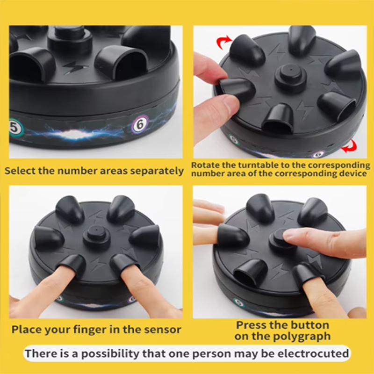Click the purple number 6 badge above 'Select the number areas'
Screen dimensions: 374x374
click(139, 124)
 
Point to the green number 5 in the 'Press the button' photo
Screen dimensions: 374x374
click(239, 302)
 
